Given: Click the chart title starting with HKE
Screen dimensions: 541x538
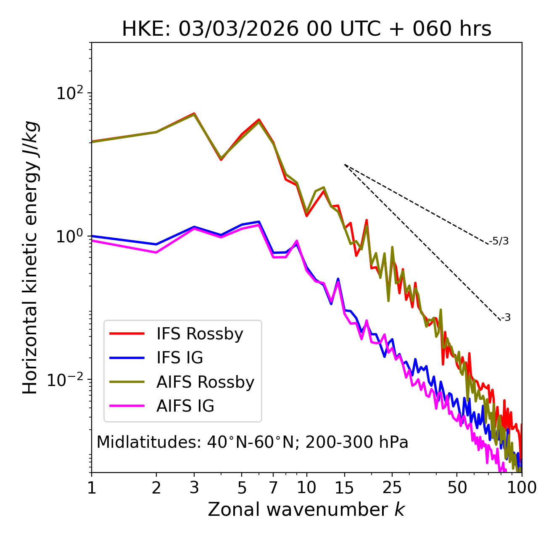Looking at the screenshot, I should coord(306,29).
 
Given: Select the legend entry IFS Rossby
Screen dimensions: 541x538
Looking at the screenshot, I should coord(200,334).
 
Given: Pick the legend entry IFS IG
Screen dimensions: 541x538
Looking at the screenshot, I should coord(179,358).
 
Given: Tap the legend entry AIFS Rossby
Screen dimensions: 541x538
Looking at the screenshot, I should coord(205,382).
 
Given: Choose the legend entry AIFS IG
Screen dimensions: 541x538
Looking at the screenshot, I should coord(185,406).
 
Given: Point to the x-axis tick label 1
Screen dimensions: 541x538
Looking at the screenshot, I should coord(92,488).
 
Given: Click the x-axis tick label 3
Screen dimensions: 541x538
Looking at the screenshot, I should coord(194,488).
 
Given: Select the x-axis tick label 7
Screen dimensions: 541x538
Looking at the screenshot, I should coord(273,488).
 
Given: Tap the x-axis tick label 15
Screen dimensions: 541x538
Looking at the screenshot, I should coord(345,488).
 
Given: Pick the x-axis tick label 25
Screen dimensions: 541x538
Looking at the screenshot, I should coord(392,488).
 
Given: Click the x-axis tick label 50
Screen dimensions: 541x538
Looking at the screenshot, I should coord(457,488).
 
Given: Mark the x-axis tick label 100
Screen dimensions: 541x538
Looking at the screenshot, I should coord(521,488).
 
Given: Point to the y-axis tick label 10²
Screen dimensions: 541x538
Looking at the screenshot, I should coord(69,93).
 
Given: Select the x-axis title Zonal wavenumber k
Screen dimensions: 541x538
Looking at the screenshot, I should coord(306,509).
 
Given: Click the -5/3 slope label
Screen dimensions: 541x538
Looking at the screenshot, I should coord(499,241).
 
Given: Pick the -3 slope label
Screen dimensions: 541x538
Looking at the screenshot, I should coord(506,318).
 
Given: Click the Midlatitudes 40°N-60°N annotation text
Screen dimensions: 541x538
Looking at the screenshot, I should coord(252,442).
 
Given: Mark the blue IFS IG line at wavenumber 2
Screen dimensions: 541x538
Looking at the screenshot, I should coord(156,244).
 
